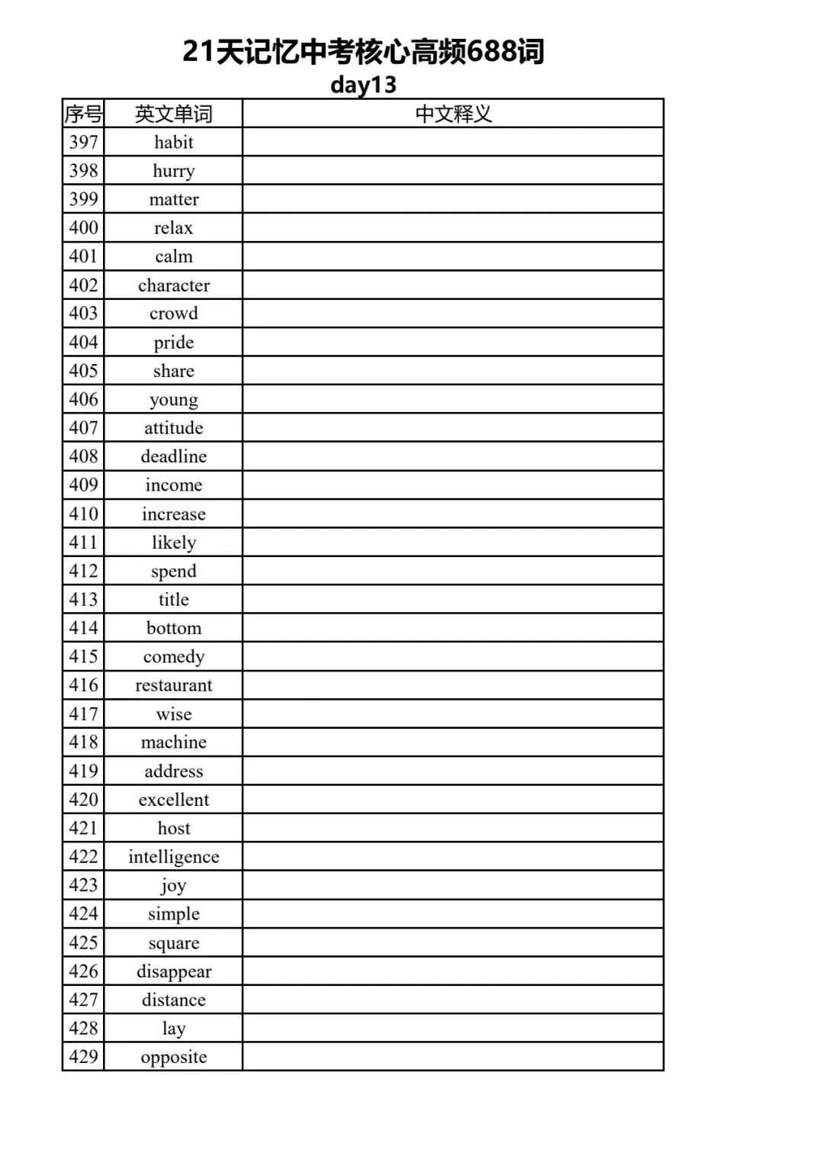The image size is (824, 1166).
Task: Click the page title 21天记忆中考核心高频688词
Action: (x=363, y=52)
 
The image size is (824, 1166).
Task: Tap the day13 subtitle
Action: (x=363, y=84)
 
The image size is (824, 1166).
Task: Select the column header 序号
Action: (x=83, y=114)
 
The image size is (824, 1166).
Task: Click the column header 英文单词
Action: (x=173, y=114)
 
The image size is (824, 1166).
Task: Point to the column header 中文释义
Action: (x=453, y=114)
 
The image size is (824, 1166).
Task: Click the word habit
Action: (x=173, y=142)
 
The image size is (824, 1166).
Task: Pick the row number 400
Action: (x=83, y=227)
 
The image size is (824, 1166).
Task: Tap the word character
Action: (x=173, y=285)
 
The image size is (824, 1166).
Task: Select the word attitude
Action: (x=173, y=427)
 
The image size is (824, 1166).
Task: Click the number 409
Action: (x=83, y=485)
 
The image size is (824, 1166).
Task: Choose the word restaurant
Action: (x=173, y=685)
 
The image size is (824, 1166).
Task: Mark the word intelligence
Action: (x=173, y=857)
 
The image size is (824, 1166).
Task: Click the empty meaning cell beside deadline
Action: (x=453, y=456)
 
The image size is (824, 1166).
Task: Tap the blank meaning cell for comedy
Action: (x=453, y=656)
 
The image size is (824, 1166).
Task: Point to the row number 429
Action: (x=83, y=1057)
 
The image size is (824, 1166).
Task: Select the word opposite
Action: (x=173, y=1057)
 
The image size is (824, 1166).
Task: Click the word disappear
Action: (x=173, y=971)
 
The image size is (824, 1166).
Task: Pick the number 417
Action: (x=83, y=713)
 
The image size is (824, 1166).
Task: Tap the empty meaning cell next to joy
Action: (x=453, y=885)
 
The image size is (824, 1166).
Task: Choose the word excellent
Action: (x=173, y=800)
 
